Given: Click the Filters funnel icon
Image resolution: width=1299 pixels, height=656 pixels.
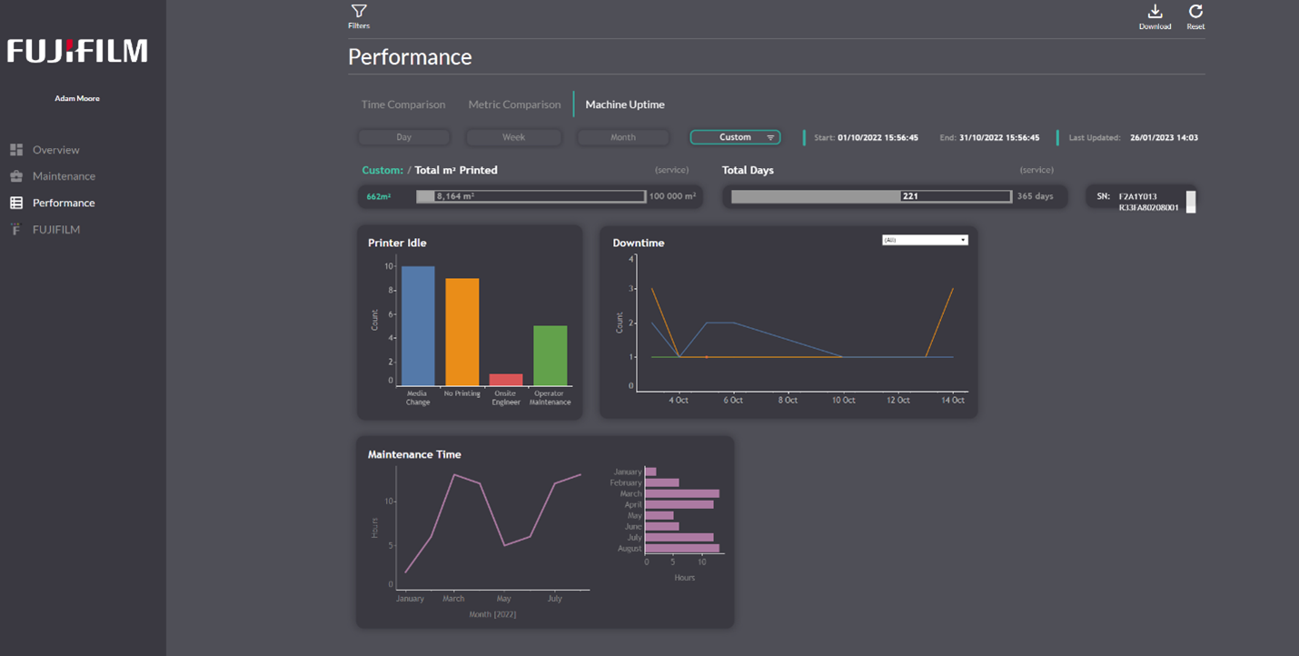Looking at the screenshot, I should tap(359, 12).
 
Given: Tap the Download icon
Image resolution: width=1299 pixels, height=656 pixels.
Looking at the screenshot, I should tap(1155, 12).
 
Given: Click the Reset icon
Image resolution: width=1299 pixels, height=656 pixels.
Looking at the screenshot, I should tap(1195, 12).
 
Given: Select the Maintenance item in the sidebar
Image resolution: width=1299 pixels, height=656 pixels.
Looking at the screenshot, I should tap(64, 176).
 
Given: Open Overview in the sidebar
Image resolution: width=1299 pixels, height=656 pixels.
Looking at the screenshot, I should tap(55, 150).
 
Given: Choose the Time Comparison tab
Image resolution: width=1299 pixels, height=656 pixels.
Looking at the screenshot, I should tap(403, 104).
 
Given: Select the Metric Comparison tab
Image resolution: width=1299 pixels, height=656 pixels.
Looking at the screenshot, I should tap(514, 104).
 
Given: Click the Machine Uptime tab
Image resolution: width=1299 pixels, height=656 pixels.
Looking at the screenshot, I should tap(624, 104).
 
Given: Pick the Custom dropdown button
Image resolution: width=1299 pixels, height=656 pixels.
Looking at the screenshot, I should tap(735, 137).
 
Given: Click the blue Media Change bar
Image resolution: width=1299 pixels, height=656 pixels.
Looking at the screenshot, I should tap(418, 325).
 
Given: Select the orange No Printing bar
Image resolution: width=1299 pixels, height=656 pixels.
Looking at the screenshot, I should tap(461, 332).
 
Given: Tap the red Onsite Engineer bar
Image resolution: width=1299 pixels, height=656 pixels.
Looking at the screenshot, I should tap(506, 380).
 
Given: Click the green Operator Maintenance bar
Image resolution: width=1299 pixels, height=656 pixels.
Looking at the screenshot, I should tap(550, 355).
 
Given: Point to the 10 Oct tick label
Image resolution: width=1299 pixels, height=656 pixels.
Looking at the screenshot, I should tap(844, 401).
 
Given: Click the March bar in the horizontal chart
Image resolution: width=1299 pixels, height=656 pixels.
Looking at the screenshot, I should tap(681, 493).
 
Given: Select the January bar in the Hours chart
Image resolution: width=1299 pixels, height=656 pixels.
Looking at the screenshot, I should tap(650, 472).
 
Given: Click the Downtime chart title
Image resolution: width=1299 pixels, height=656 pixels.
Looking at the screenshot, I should tap(639, 244).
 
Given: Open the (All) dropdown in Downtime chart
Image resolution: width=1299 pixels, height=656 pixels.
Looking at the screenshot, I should tap(925, 240).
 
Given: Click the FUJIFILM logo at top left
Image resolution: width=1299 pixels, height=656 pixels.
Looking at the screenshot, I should tap(77, 52).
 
